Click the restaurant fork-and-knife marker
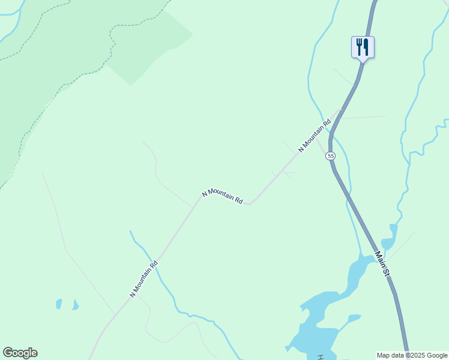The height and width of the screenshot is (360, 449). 363,47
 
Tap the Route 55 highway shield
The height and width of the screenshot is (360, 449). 331,156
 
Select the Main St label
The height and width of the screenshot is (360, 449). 383,263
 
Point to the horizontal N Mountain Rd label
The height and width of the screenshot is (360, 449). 223,196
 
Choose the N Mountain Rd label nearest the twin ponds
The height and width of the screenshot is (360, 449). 144,278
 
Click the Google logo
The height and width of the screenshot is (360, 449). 20,353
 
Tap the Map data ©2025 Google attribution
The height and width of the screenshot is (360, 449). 412,355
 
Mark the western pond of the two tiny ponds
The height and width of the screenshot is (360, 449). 59,304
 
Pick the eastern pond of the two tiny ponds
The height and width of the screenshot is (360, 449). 75,305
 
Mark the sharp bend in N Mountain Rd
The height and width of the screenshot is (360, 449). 249,203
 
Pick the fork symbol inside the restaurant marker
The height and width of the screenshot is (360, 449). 359,46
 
